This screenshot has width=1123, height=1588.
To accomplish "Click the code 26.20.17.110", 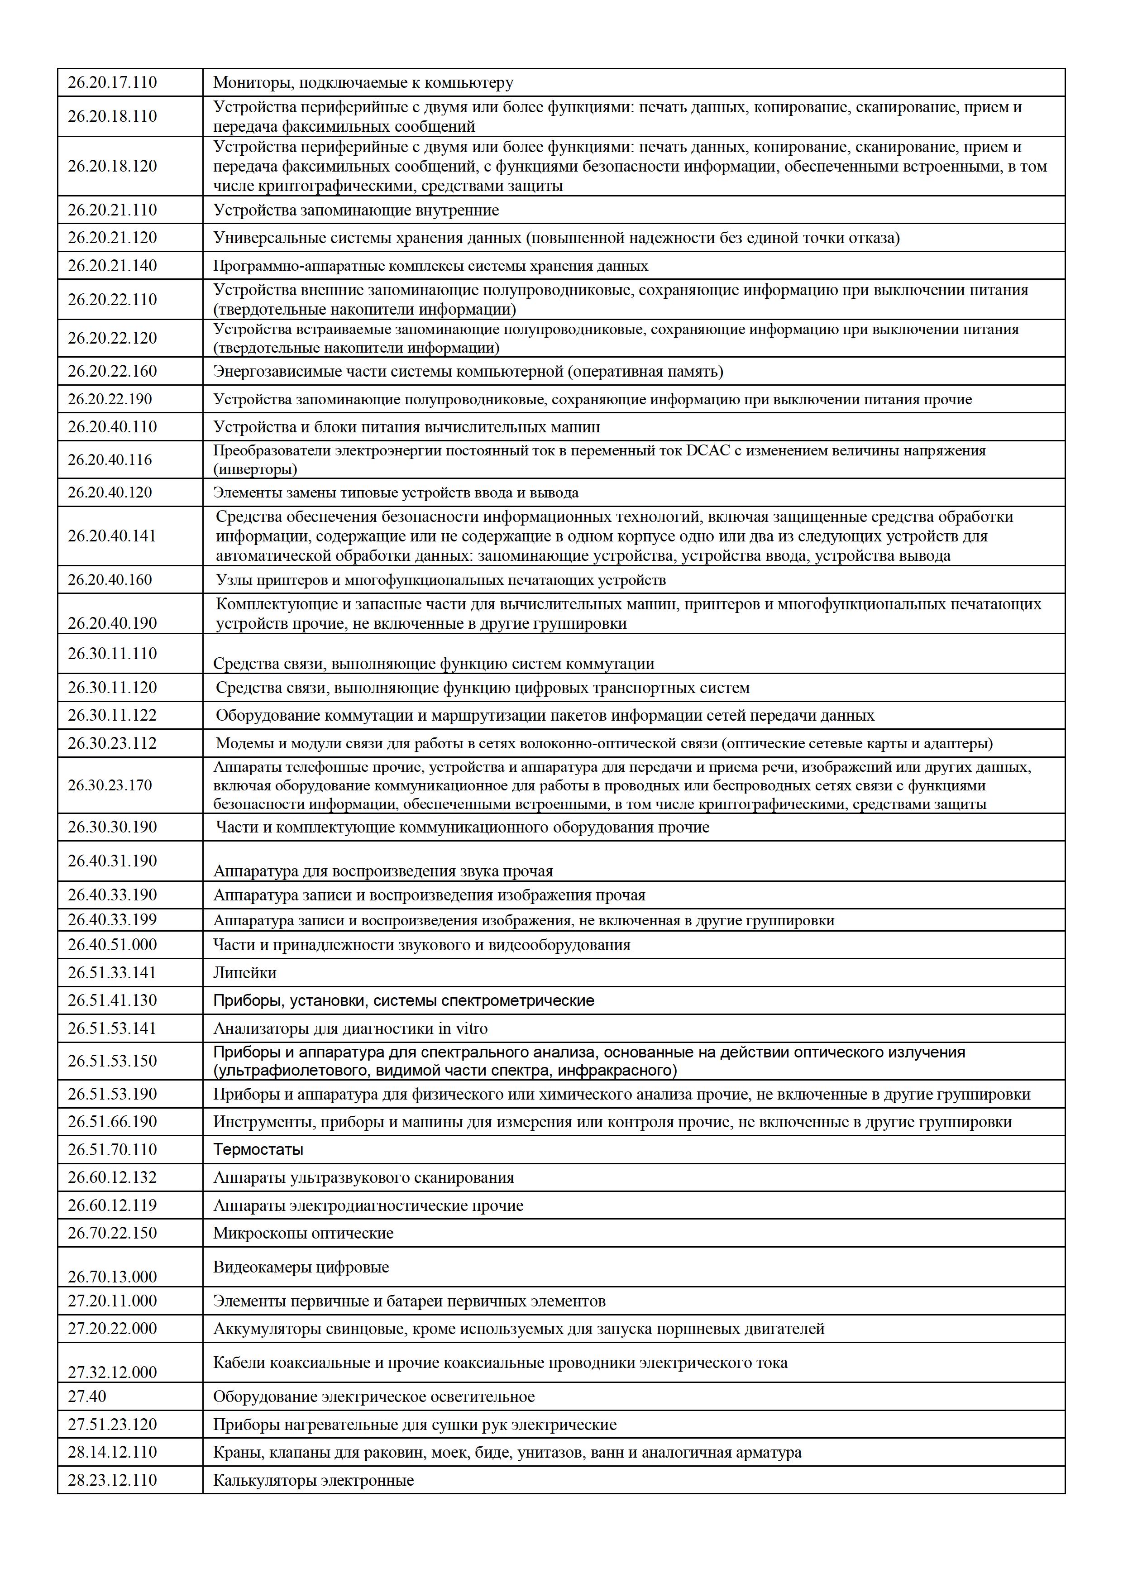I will tap(112, 83).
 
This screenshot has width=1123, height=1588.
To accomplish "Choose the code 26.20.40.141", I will tap(112, 536).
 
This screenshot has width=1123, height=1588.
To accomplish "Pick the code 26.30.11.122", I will tap(112, 715).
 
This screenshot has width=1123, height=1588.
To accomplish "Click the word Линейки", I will tap(245, 973).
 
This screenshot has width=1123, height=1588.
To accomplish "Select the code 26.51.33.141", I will tap(112, 973).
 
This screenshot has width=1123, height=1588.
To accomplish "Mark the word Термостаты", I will tap(258, 1149).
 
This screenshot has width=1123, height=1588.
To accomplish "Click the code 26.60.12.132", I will tap(112, 1177).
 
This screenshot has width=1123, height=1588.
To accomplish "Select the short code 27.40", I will tap(87, 1397).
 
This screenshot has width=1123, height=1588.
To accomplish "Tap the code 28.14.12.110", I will tap(112, 1453).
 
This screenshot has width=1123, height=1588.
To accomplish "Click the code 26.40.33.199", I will tap(112, 920).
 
